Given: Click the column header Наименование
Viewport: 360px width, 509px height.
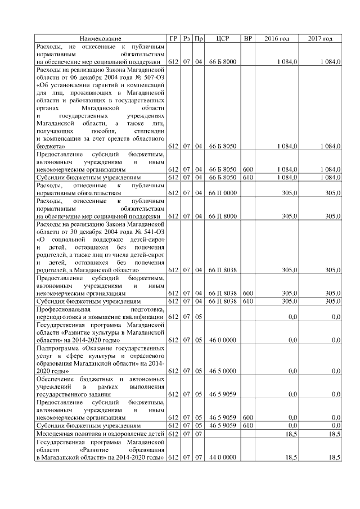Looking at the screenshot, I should click(x=101, y=38).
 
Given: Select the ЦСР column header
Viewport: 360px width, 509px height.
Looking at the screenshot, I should click(x=222, y=38).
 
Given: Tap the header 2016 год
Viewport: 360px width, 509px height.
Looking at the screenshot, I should click(x=277, y=38).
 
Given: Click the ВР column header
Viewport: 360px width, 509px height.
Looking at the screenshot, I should click(x=247, y=38).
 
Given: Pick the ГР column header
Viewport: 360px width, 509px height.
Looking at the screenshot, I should click(x=173, y=38).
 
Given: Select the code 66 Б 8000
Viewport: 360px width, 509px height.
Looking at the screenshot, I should click(x=222, y=61).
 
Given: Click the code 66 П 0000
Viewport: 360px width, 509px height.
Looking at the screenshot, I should click(x=222, y=193).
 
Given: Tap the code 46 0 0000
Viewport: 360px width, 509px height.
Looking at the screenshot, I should click(x=222, y=340).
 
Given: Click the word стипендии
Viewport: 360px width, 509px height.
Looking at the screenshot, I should click(x=147, y=130).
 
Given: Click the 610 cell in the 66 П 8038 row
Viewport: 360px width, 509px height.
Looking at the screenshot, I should click(x=247, y=301).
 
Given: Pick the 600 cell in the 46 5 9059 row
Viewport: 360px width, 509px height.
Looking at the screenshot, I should click(x=247, y=418).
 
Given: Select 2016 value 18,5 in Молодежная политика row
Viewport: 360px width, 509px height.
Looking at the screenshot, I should click(x=289, y=435).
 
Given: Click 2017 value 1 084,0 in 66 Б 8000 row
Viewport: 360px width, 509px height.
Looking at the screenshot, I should click(x=328, y=61).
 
